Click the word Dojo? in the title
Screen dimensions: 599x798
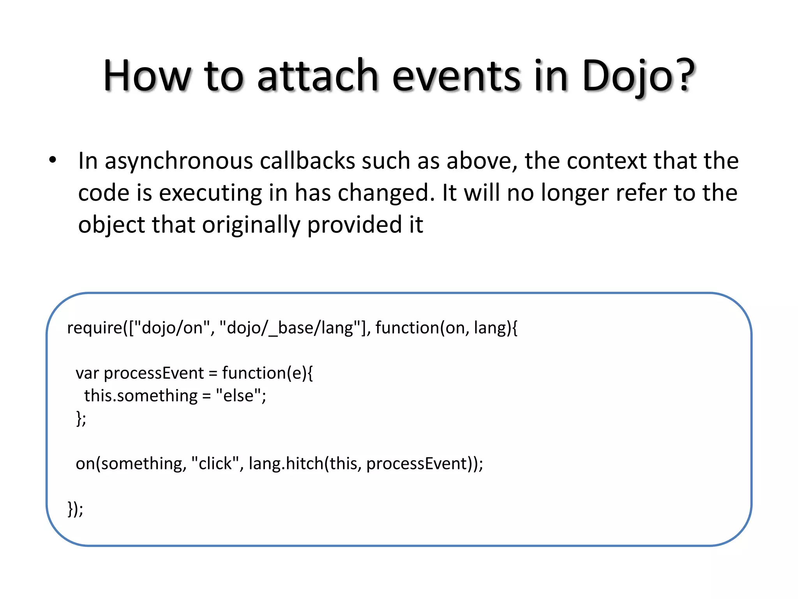[638, 76]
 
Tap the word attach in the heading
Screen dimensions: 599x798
[318, 76]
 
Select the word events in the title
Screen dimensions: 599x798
[456, 76]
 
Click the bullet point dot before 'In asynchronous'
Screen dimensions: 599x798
[53, 160]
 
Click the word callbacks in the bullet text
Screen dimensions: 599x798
[307, 161]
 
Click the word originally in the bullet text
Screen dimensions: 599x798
[251, 225]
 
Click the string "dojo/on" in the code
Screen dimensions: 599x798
[172, 328]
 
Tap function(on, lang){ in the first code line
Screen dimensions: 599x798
[447, 328]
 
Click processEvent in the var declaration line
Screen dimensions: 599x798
[154, 373]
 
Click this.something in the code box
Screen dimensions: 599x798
[141, 396]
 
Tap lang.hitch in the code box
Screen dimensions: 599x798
[286, 464]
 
